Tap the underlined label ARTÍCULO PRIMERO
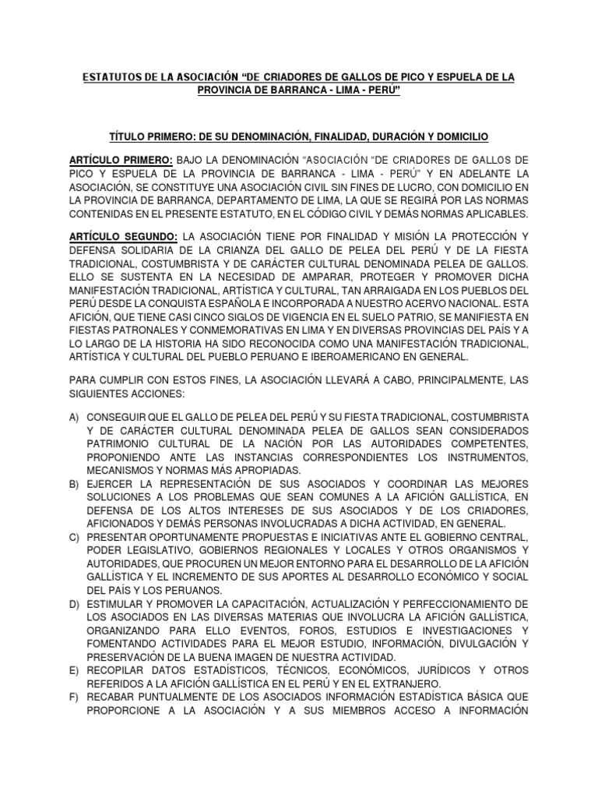click(121, 159)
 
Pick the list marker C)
click(75, 538)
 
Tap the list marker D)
click(75, 603)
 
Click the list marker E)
click(75, 669)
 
